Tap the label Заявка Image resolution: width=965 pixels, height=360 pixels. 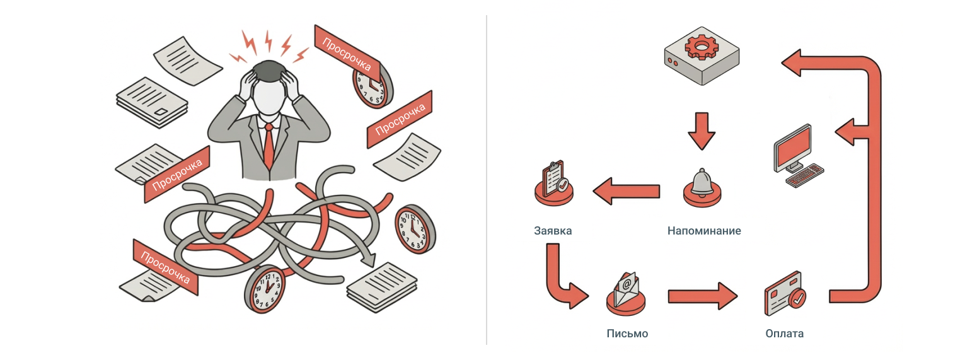(552, 231)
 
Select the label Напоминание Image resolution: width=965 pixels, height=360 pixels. (704, 231)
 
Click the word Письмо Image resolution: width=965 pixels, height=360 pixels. (627, 333)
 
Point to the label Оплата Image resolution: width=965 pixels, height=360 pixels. (783, 333)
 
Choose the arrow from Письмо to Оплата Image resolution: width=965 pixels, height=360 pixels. (702, 294)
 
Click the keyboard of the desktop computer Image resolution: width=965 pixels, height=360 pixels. (806, 175)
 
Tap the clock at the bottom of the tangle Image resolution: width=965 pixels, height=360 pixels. (264, 289)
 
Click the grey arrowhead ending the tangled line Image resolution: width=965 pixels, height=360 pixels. (368, 258)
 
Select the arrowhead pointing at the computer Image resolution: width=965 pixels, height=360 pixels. (845, 131)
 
